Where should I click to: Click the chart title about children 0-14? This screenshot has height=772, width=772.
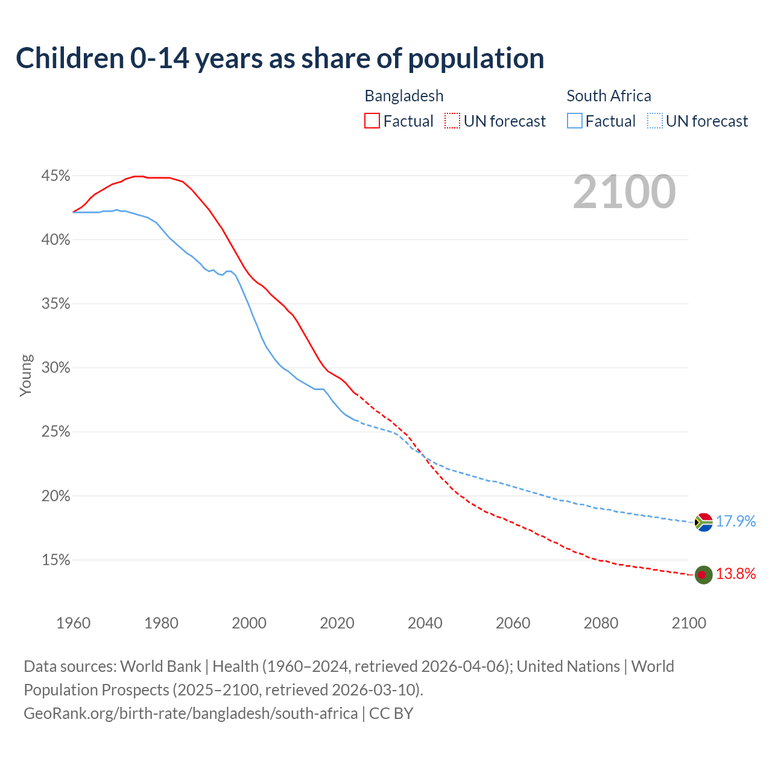(280, 59)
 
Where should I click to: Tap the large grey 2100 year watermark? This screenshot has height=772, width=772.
(624, 192)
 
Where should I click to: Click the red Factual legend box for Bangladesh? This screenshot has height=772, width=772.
(372, 121)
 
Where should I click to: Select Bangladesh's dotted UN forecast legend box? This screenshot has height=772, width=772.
(452, 121)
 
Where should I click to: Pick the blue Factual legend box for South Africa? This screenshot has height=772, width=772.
(575, 121)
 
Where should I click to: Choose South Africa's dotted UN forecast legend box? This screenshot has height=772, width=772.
(655, 121)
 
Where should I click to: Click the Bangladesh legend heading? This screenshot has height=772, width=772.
(404, 96)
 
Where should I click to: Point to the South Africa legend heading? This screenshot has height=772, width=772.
(609, 96)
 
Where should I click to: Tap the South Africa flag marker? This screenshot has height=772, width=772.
(703, 522)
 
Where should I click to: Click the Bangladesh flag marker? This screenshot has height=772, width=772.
(703, 574)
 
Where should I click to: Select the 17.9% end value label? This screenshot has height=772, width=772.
(736, 522)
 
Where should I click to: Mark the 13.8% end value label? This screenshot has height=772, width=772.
(736, 574)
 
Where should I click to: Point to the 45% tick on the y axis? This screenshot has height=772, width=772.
(55, 176)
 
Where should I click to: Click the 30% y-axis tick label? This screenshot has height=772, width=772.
(55, 368)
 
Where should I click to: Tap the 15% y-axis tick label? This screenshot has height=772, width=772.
(55, 560)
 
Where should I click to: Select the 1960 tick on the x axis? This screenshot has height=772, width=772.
(74, 623)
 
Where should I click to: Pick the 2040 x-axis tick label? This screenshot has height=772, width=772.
(425, 623)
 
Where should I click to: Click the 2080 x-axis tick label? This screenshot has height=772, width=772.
(601, 623)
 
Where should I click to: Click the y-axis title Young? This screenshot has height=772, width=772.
(25, 375)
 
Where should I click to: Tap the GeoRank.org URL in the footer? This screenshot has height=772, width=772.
(191, 713)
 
